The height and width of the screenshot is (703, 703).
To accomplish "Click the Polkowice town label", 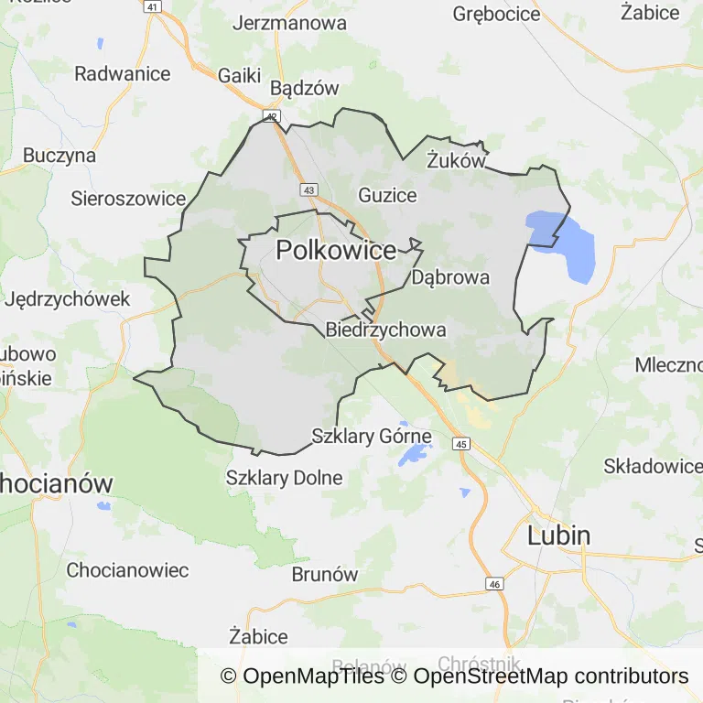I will coord(336,250).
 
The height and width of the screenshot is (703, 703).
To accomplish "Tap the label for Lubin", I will coord(558,535).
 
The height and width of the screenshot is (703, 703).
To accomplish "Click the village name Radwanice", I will coord(123,73).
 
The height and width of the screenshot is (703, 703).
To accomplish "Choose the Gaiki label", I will coord(240,75).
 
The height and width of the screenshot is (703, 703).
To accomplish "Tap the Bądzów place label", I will coord(305,89).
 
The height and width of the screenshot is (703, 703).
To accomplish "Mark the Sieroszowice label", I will coord(129,198).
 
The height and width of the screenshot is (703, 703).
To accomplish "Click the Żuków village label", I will coord(455,161).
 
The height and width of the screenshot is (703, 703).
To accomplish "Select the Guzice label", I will coord(387,195).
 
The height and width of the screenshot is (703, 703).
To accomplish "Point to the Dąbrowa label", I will coord(450,276).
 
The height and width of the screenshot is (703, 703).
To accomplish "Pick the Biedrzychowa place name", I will coord(385,330).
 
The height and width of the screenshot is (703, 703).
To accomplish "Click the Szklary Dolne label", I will coord(284,478).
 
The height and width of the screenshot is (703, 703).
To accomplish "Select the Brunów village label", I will coord(324,575).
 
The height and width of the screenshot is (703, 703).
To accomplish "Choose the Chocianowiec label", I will coord(127,570).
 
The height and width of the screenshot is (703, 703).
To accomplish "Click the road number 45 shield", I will coord(461,444).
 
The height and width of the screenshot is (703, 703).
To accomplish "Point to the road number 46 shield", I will coord(495,584).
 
